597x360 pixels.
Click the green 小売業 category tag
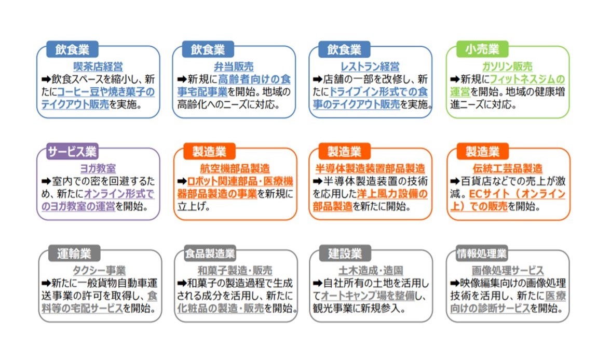click(x=482, y=49)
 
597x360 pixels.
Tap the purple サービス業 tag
click(x=72, y=151)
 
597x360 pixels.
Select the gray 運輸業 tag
click(x=74, y=254)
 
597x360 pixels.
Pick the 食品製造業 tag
click(x=210, y=254)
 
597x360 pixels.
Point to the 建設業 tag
click(x=345, y=254)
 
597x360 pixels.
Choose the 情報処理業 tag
click(x=482, y=254)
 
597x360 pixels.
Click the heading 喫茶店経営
click(x=98, y=66)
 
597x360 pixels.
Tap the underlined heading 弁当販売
click(x=234, y=66)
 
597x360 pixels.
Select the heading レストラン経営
click(x=370, y=66)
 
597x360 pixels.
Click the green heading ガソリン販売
click(x=508, y=66)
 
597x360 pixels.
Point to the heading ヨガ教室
click(x=98, y=168)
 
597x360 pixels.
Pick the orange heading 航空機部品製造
click(x=235, y=168)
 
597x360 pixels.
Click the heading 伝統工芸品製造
click(x=508, y=168)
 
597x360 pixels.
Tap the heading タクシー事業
click(x=99, y=271)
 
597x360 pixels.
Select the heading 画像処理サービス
click(x=508, y=271)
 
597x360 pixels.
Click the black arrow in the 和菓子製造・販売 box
click(x=182, y=283)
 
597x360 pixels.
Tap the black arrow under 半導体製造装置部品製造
click(x=318, y=181)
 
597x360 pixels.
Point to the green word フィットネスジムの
click(x=527, y=79)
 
